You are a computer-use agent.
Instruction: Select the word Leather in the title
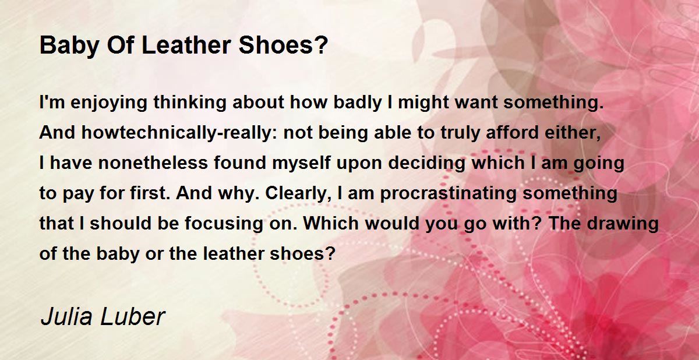click(186, 45)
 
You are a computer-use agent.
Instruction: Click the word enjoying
click(108, 103)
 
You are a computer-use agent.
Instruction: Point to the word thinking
click(190, 103)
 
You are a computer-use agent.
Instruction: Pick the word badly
click(358, 103)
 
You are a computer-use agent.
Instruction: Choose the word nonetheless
click(153, 163)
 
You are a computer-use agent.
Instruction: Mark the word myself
click(301, 163)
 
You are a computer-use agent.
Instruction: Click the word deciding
click(426, 163)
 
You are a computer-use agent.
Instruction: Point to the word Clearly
click(298, 193)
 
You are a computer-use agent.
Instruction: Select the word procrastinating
click(449, 193)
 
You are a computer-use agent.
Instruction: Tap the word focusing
click(224, 224)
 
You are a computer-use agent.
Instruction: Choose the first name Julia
click(66, 317)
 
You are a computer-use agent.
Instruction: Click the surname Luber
click(133, 317)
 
